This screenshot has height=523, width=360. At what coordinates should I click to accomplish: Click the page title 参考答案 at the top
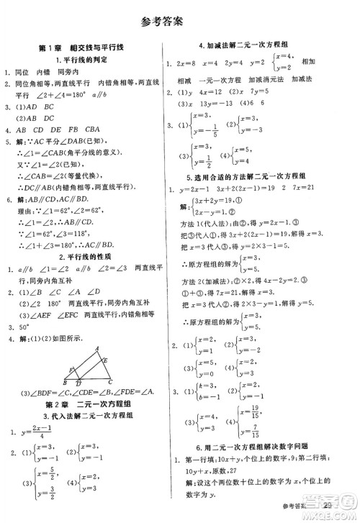pyautogui.click(x=180, y=20)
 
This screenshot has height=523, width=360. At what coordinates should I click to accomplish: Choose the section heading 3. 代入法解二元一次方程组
pyautogui.click(x=89, y=418)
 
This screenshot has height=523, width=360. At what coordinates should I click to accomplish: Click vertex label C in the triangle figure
pyautogui.click(x=109, y=382)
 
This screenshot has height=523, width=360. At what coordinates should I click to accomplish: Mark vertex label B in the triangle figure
pyautogui.click(x=56, y=382)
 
